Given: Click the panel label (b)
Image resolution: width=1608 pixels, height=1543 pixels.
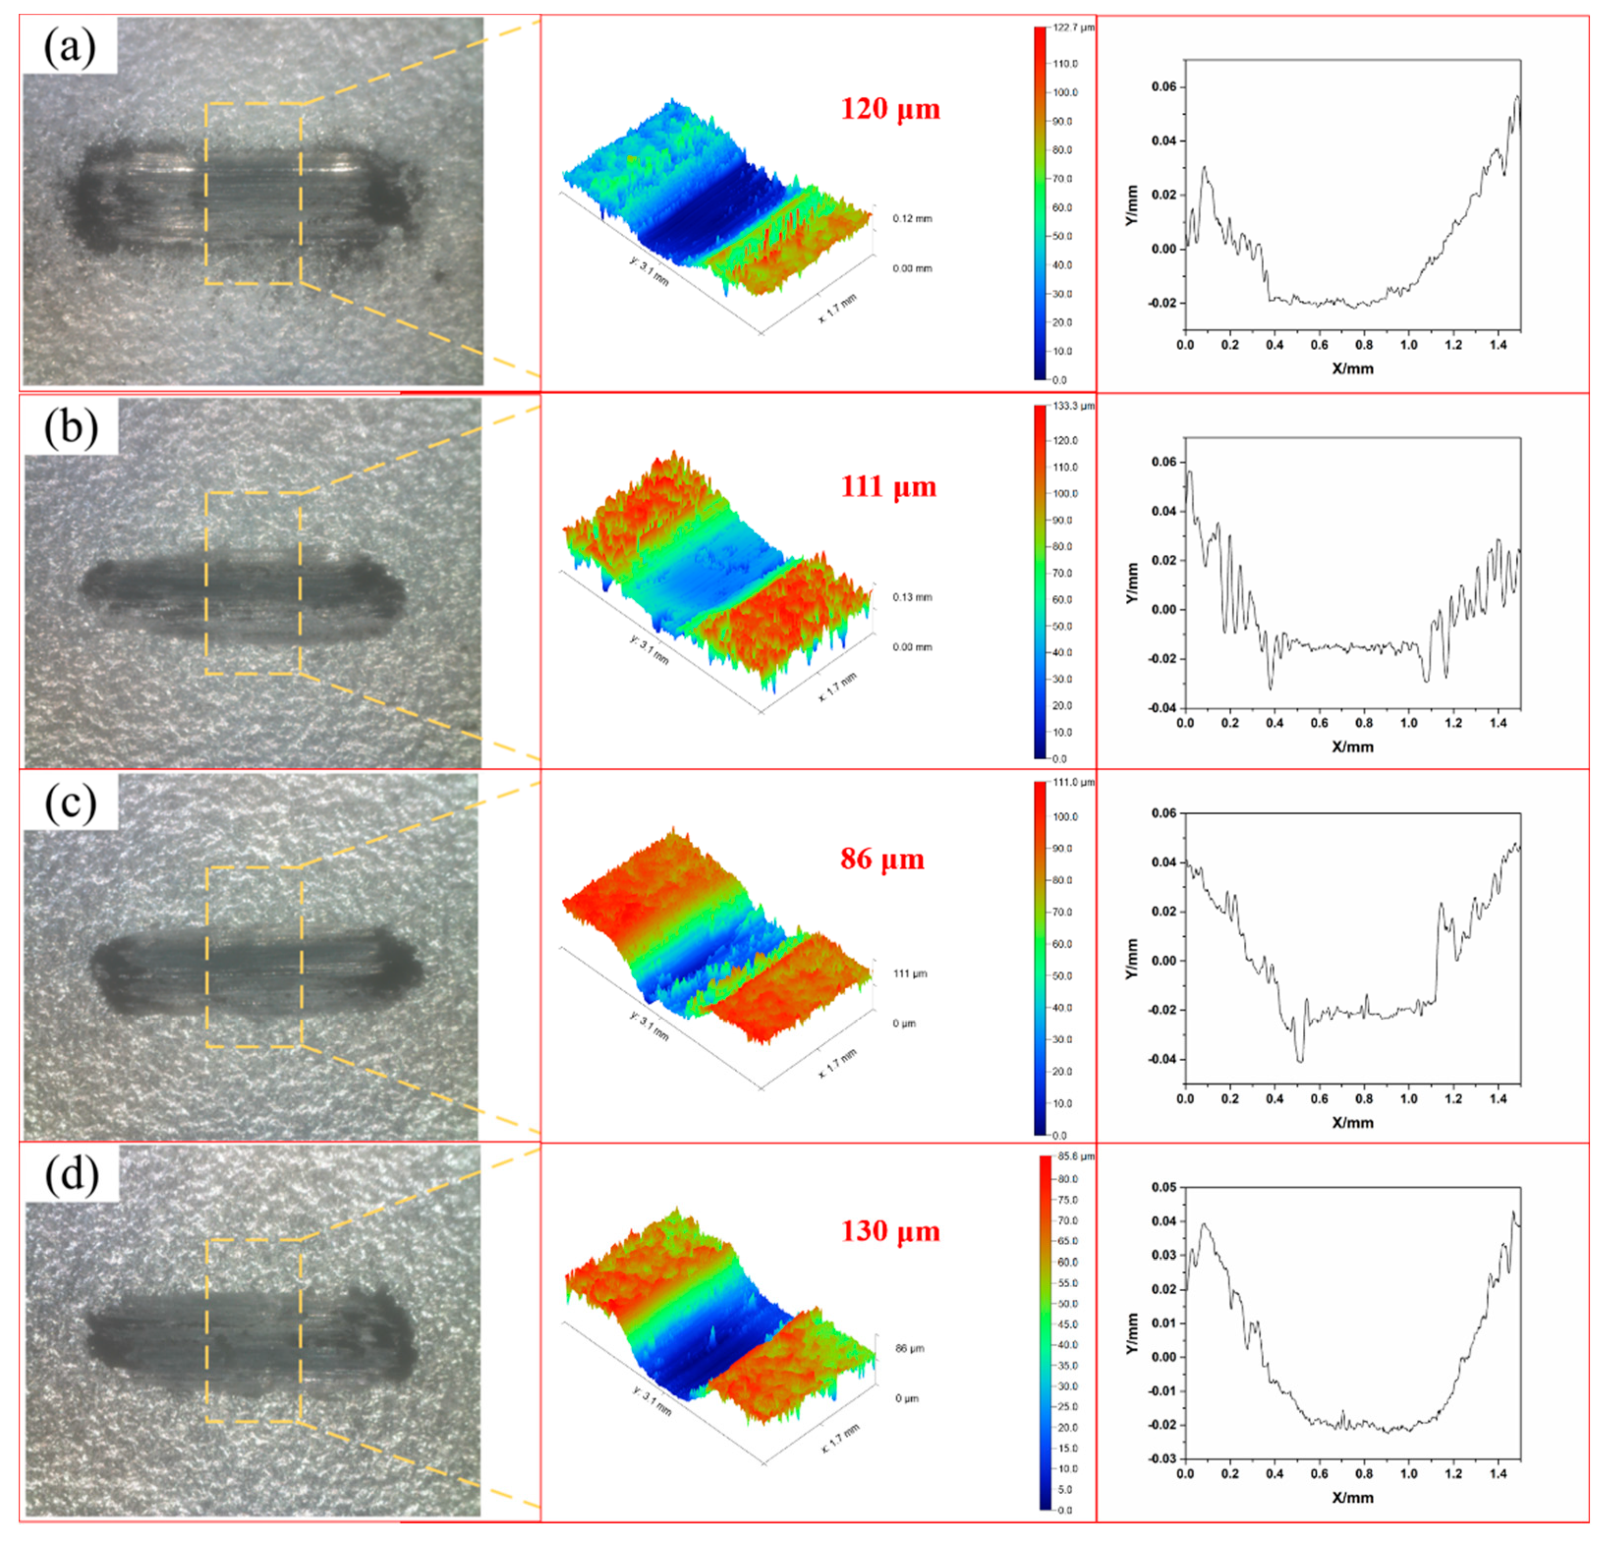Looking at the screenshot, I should click(x=70, y=426).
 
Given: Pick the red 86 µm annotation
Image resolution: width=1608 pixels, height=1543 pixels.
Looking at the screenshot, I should click(x=882, y=859).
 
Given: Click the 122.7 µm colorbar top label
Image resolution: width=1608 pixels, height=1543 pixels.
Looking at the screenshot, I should click(x=1075, y=28).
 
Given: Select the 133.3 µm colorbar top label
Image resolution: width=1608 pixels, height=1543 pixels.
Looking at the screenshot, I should click(x=1075, y=406).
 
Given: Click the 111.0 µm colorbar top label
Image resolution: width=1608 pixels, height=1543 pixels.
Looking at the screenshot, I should click(x=1075, y=783).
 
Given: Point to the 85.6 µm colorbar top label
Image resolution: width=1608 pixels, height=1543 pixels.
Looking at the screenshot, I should click(x=1076, y=1157).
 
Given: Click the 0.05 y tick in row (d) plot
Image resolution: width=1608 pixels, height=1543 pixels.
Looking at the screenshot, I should click(x=1163, y=1187).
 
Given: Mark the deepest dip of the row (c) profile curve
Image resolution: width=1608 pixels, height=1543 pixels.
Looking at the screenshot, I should click(x=1299, y=1062).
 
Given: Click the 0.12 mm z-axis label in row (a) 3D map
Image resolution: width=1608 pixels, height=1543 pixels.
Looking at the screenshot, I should click(x=912, y=219).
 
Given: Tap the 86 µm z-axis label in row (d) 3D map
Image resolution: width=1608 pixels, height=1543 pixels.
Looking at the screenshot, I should click(x=909, y=1348).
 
